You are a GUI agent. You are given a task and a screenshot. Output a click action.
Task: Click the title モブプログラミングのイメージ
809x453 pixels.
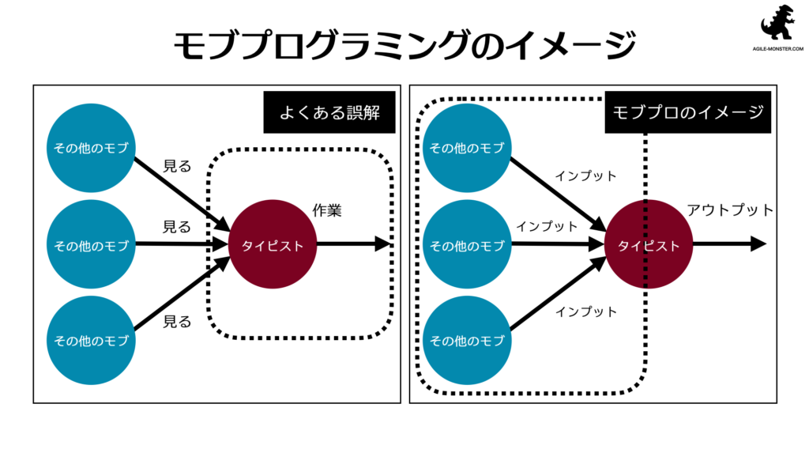pyautogui.click(x=404, y=45)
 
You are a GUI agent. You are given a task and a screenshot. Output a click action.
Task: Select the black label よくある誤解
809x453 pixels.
pyautogui.click(x=329, y=112)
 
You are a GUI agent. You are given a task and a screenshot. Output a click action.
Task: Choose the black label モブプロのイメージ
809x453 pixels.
pyautogui.click(x=687, y=112)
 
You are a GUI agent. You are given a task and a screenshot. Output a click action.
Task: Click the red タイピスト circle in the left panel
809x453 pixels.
pyautogui.click(x=272, y=245)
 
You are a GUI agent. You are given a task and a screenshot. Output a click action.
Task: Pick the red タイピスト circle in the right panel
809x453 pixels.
pyautogui.click(x=648, y=245)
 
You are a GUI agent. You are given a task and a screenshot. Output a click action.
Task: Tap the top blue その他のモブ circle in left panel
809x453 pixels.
pyautogui.click(x=91, y=148)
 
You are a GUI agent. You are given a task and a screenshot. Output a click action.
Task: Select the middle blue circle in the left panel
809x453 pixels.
pyautogui.click(x=91, y=245)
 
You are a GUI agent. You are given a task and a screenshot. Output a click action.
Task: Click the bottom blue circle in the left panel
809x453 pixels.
pyautogui.click(x=91, y=341)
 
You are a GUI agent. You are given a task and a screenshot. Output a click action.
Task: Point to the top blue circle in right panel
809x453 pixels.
pyautogui.click(x=467, y=148)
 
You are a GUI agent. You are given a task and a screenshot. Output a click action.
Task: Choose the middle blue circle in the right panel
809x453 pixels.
pyautogui.click(x=467, y=245)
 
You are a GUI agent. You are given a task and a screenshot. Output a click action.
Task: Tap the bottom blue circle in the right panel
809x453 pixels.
pyautogui.click(x=467, y=341)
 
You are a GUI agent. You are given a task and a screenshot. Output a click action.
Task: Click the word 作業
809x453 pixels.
pyautogui.click(x=326, y=211)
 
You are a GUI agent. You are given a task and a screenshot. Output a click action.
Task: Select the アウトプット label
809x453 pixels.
pyautogui.click(x=730, y=210)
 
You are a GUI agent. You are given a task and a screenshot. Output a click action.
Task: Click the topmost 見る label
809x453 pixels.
pyautogui.click(x=177, y=166)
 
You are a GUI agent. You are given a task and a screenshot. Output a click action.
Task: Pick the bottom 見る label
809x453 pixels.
pyautogui.click(x=177, y=322)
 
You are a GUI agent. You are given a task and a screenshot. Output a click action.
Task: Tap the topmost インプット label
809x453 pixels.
pyautogui.click(x=585, y=176)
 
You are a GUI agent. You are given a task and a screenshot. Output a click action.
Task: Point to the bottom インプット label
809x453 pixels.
pyautogui.click(x=585, y=311)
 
